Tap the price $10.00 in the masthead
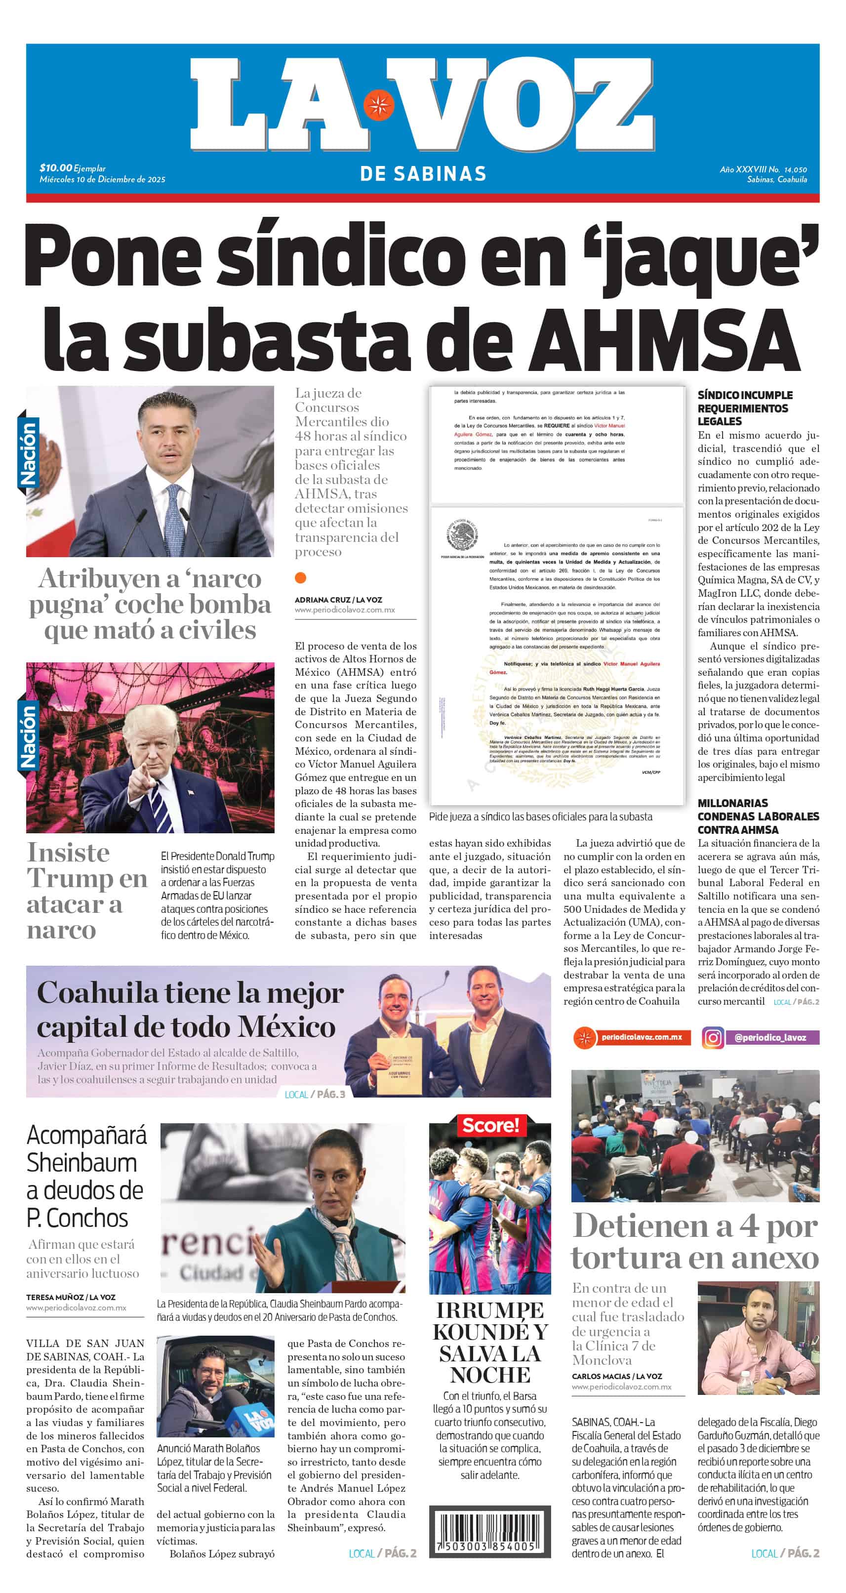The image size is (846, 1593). coord(56,167)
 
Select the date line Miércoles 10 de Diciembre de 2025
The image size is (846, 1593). coord(102,179)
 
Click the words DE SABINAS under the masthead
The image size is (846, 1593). coord(423,174)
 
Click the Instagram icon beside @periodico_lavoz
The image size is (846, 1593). coord(713,1037)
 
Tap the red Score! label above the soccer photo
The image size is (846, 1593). coord(490,1125)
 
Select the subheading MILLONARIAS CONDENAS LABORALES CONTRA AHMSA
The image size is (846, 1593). coord(758,817)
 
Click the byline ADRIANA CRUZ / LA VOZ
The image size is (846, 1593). coord(338,599)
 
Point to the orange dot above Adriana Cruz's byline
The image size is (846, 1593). coord(301,577)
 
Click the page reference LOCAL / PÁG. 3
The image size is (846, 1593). coord(315,1094)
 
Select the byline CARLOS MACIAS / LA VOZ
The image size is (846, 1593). coord(616,1376)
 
